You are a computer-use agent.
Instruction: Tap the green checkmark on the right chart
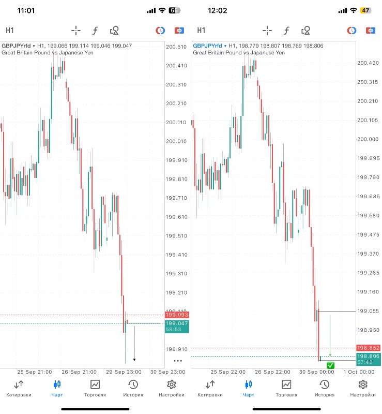pos(331,365)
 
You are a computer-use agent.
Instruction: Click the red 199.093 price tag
pos(177,315)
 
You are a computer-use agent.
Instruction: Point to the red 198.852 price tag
pos(368,348)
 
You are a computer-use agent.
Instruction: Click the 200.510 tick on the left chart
pos(176,47)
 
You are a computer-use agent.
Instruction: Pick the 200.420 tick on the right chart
pos(368,63)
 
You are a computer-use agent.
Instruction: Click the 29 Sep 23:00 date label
pos(127,372)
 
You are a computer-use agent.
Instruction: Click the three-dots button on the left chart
pos(178,360)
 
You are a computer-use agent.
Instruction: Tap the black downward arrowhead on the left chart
pos(134,359)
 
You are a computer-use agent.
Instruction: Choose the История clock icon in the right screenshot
pos(324,385)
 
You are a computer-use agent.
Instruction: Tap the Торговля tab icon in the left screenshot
pos(95,385)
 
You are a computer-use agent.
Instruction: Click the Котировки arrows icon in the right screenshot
pos(210,385)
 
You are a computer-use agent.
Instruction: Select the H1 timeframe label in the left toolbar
pos(10,31)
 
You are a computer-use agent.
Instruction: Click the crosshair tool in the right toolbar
pos(267,31)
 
